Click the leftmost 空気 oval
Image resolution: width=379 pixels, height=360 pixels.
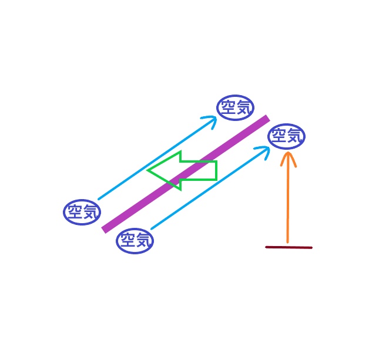point(82,212)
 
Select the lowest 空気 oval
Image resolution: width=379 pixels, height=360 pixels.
point(135,241)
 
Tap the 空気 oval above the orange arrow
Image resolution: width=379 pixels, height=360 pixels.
point(287,137)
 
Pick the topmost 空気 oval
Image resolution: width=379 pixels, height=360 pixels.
point(236,108)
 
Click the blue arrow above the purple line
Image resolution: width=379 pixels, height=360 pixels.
point(153,160)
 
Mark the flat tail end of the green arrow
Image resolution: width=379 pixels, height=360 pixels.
point(216,170)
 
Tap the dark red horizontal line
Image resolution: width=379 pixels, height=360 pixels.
point(289,247)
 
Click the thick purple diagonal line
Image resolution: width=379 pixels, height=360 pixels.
point(185,173)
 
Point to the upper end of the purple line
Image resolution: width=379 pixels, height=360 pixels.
point(266,119)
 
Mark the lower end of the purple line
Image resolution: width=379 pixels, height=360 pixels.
point(105,229)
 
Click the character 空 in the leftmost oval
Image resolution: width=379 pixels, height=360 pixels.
point(74,212)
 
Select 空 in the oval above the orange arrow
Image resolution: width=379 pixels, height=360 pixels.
point(279,137)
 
